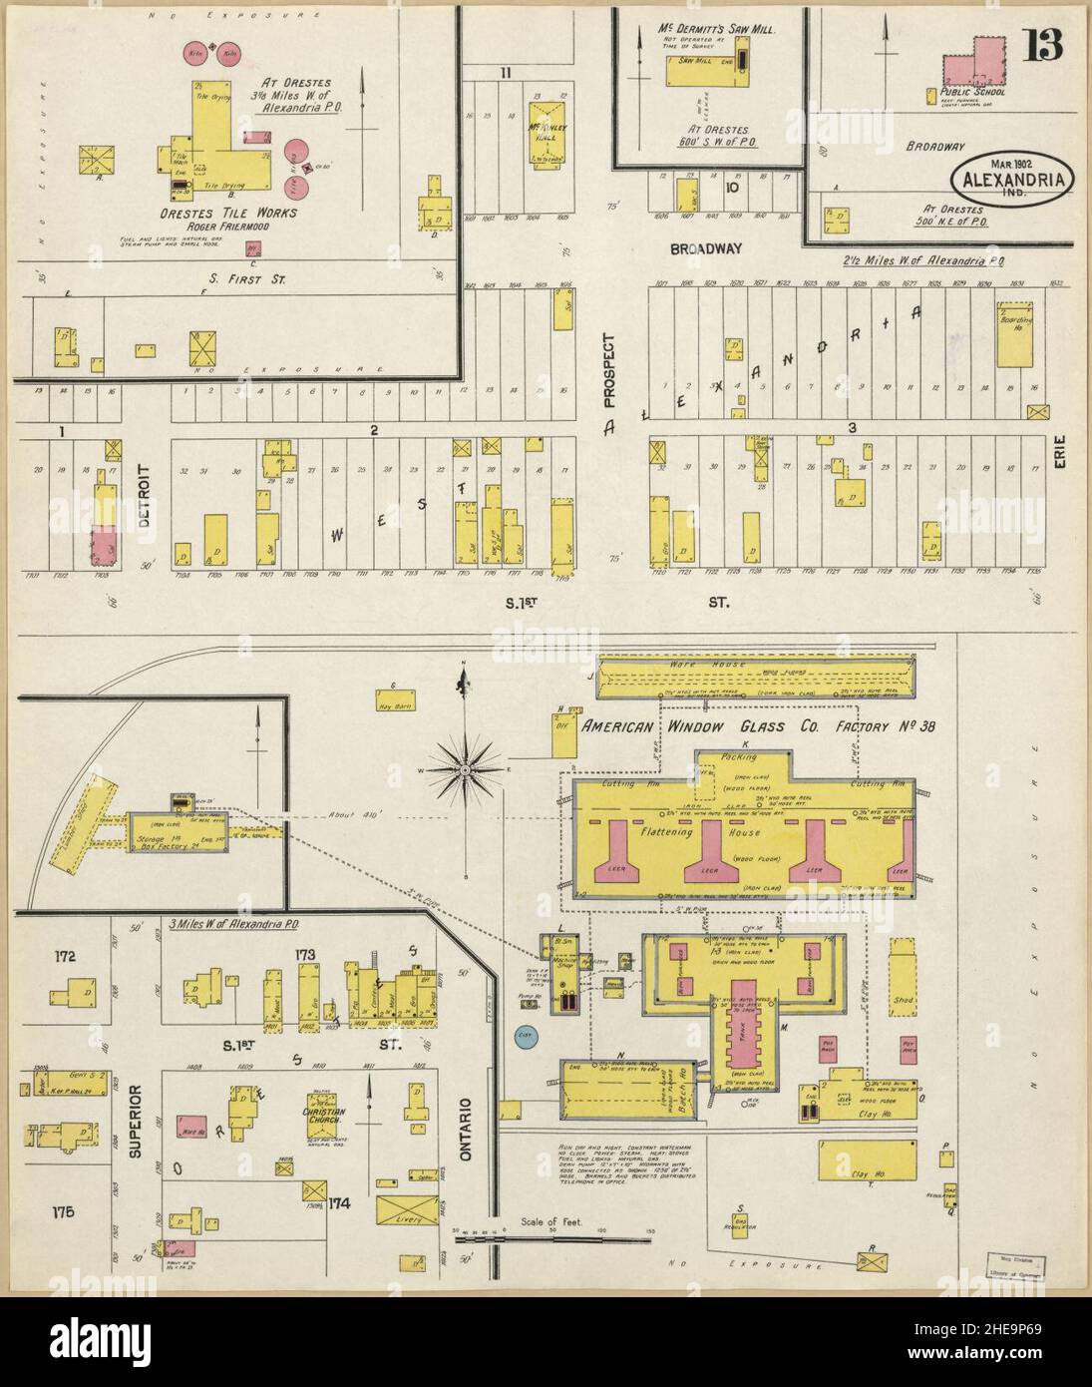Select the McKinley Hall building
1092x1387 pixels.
click(547, 134)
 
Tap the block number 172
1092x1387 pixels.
click(66, 957)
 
